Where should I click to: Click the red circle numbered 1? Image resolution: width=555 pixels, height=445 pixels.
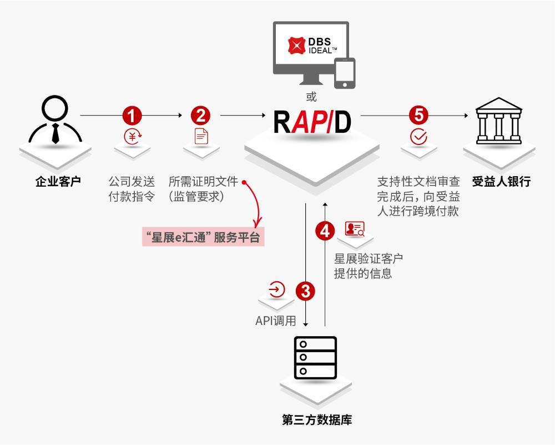pos(133,116)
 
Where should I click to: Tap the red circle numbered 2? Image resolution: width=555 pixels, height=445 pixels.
pos(200,116)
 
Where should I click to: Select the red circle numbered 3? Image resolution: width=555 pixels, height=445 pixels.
pos(306,291)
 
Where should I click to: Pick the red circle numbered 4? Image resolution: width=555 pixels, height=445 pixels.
pos(325,229)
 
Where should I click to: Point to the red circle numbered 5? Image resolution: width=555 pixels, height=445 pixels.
pos(418,116)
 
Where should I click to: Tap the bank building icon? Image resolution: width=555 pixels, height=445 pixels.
pos(499,121)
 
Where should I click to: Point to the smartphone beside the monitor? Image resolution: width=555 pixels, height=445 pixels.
pos(344,73)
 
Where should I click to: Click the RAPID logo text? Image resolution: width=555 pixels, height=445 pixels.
pos(312,123)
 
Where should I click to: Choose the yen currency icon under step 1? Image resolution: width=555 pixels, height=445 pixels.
pos(133,137)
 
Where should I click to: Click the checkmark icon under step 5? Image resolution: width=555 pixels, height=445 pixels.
pos(418,137)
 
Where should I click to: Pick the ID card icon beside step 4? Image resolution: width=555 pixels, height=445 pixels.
pos(355,229)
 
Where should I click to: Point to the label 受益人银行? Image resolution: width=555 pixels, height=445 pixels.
pos(501,182)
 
